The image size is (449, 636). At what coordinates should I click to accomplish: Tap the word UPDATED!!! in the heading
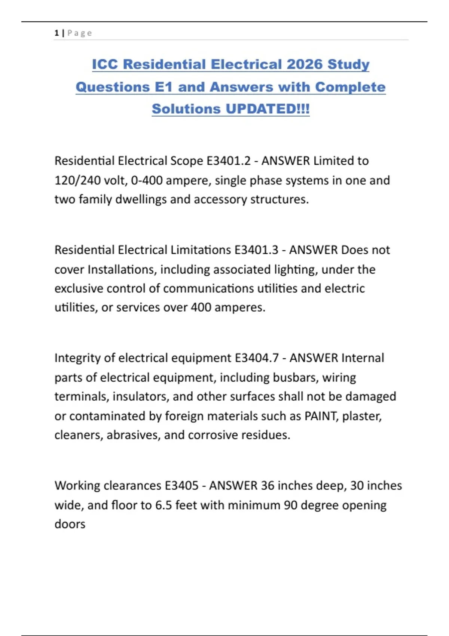tap(268, 109)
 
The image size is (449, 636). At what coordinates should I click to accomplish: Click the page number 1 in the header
tap(56, 33)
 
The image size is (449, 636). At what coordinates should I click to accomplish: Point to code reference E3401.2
tap(229, 161)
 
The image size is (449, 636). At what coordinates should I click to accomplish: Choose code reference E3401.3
tap(256, 250)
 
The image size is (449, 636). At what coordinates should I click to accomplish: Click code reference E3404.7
tap(257, 358)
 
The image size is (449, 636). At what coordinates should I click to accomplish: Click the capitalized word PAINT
tap(321, 416)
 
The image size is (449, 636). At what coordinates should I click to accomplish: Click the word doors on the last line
tap(70, 524)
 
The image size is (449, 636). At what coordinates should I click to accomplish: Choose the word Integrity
tap(77, 358)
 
